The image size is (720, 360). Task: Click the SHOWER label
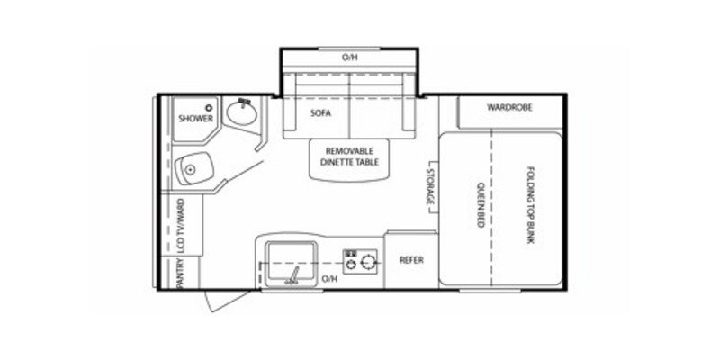[x=195, y=118]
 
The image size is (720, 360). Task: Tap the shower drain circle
[x=208, y=107]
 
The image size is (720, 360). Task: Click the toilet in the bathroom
[x=193, y=167]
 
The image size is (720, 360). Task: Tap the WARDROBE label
[x=510, y=107]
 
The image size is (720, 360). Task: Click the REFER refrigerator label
[x=411, y=260]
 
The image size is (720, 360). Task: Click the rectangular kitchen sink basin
[x=290, y=255]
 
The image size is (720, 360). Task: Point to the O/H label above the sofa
[x=349, y=58]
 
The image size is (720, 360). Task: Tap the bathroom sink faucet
[x=243, y=102]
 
